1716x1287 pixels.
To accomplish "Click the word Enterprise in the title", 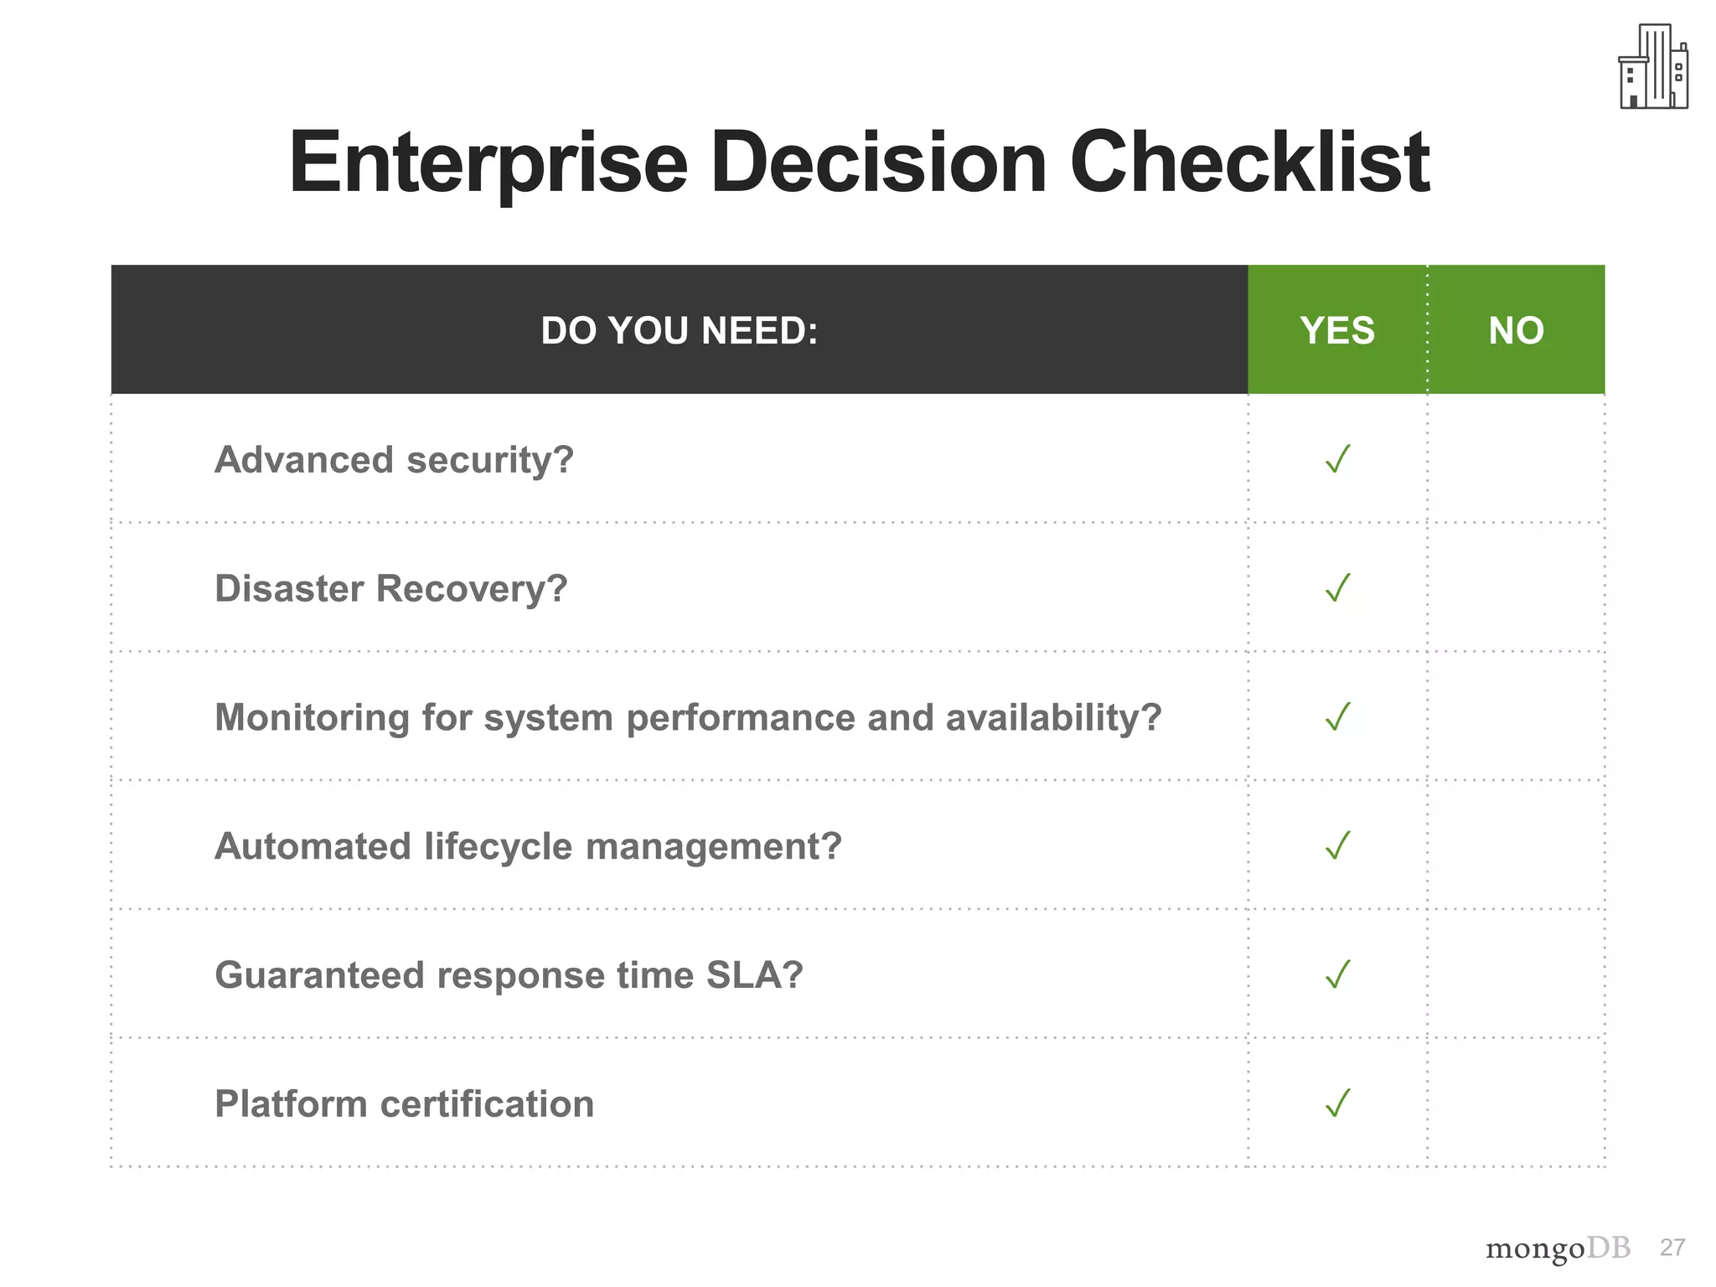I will (x=488, y=163).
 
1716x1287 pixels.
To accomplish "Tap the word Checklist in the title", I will (x=1249, y=163).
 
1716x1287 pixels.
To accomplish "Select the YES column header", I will (x=1337, y=330).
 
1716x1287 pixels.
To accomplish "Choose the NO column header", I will (x=1516, y=330).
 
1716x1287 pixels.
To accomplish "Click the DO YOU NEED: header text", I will (x=679, y=330).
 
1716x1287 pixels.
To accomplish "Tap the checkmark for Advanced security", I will (x=1338, y=459).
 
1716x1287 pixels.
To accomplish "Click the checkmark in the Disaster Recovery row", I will (x=1338, y=587).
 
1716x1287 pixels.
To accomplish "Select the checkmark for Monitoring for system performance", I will (x=1338, y=716).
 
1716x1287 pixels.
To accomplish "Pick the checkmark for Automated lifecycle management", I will (x=1338, y=845).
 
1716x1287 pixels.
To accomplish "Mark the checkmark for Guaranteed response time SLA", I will (x=1338, y=974).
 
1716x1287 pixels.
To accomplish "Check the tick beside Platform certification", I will (x=1338, y=1104).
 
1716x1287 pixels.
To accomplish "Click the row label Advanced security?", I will (x=394, y=460).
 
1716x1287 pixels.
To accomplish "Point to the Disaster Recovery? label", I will (x=390, y=589).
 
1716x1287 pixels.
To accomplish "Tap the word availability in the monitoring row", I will (x=1053, y=718).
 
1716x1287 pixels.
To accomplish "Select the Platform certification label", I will (x=404, y=1104).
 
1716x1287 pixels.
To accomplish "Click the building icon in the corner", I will (x=1652, y=67).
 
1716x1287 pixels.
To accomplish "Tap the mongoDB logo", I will (x=1558, y=1248).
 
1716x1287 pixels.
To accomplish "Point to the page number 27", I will (x=1672, y=1248).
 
